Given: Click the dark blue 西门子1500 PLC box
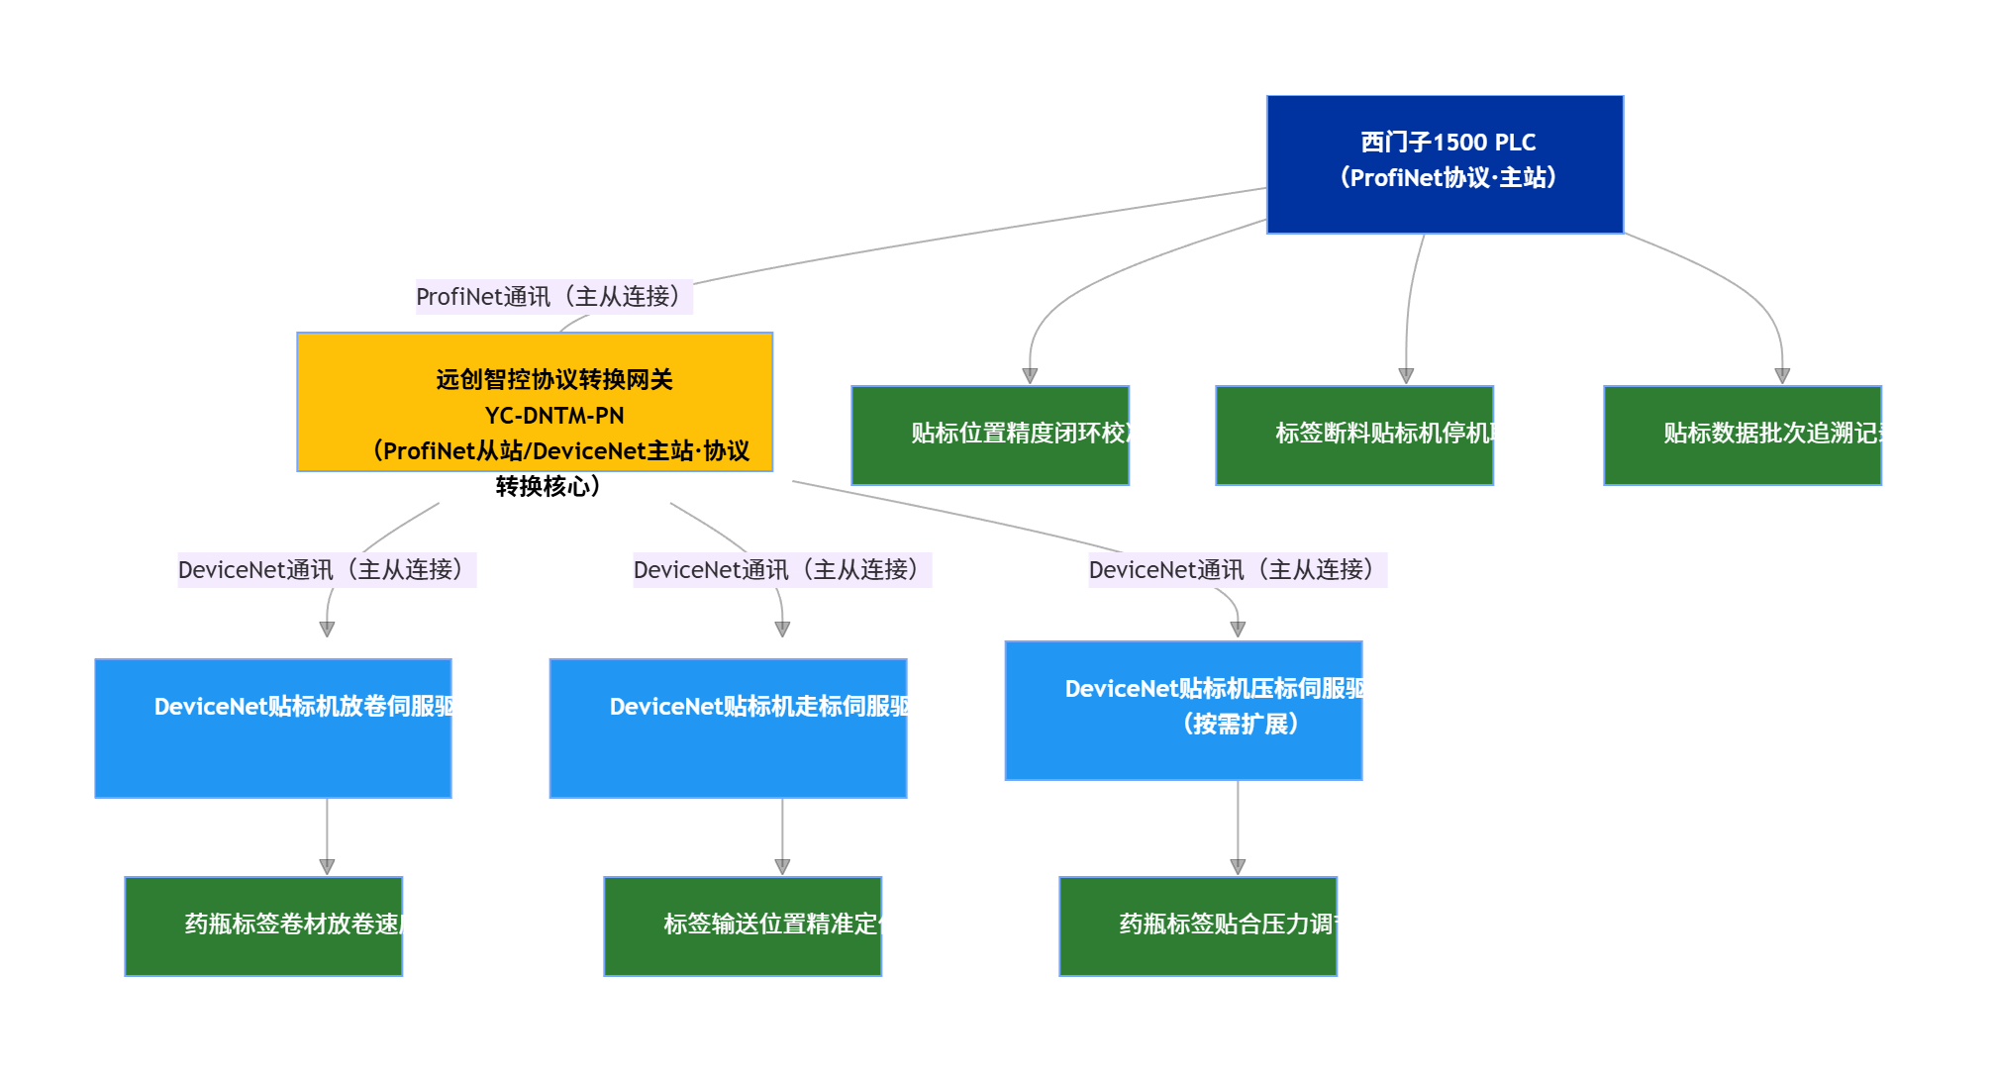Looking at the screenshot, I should (1445, 164).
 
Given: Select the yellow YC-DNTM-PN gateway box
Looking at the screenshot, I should (535, 402).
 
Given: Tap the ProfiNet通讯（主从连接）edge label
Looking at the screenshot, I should (552, 297).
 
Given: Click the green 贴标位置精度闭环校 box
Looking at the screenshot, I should (990, 436).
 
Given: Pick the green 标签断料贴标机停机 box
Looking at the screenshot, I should (1354, 436).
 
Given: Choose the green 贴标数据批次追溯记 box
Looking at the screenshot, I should (1743, 436).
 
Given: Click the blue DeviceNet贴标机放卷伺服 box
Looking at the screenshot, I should (273, 729).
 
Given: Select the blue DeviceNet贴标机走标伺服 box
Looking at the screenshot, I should (729, 729).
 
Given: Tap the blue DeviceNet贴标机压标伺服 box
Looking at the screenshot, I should (1184, 711).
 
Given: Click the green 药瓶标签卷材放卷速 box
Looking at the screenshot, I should (263, 926).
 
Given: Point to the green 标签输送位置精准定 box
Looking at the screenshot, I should (743, 926).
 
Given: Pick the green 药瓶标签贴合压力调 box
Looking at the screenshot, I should (1198, 926).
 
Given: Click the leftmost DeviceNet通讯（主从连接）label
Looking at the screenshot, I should (327, 570).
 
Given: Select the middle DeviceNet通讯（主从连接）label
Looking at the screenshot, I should (782, 570).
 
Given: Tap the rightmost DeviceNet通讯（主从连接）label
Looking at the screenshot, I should (1238, 570).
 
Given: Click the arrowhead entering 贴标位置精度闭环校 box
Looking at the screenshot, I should (1030, 376).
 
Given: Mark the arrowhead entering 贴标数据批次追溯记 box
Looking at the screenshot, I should (1782, 376).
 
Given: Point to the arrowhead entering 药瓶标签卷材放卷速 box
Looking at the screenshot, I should (327, 867).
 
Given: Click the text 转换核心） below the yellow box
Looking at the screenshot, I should (548, 487).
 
